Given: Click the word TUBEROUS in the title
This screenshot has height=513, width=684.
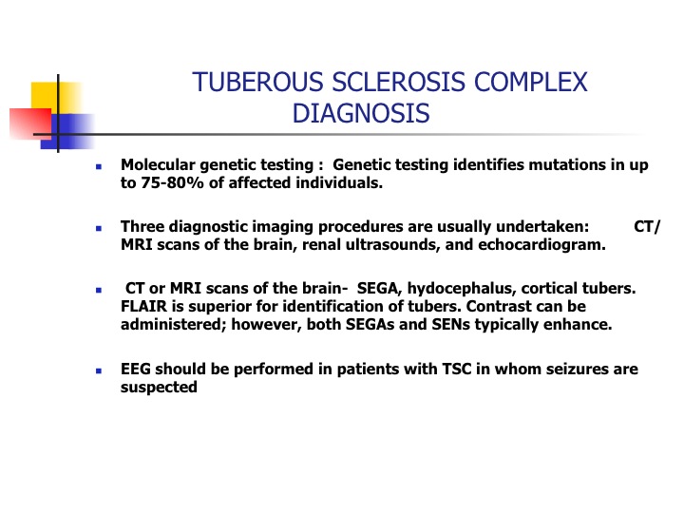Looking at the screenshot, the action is (x=257, y=82).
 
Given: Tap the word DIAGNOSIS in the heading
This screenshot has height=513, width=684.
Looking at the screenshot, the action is (x=361, y=113).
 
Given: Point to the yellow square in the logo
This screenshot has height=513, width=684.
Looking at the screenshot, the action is (x=56, y=98).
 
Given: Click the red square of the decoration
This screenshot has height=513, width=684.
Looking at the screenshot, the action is (x=30, y=123).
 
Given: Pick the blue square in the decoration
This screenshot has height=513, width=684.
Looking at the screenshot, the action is (x=68, y=132).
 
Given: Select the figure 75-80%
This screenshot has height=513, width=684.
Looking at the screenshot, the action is (x=172, y=182).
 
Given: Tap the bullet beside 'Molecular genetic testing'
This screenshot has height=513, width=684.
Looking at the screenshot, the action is (x=99, y=166).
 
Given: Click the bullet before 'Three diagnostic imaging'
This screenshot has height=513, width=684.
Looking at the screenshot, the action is (x=99, y=228).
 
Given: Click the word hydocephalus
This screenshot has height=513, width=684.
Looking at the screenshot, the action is (x=462, y=289).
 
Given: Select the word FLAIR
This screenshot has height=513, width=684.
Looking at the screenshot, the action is (x=143, y=306).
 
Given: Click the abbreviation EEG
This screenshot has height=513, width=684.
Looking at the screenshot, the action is (x=136, y=369).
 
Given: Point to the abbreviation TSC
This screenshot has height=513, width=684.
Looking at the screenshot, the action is (x=457, y=369).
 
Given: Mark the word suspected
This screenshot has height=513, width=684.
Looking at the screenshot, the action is (x=159, y=388).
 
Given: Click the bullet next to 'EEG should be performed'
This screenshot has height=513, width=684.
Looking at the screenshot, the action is (x=99, y=370).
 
